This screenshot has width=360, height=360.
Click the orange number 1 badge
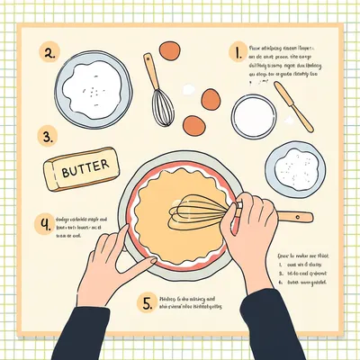(x=237, y=53)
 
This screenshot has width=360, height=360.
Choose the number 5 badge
(x=147, y=301)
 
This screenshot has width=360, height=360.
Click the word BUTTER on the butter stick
(x=82, y=167)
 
